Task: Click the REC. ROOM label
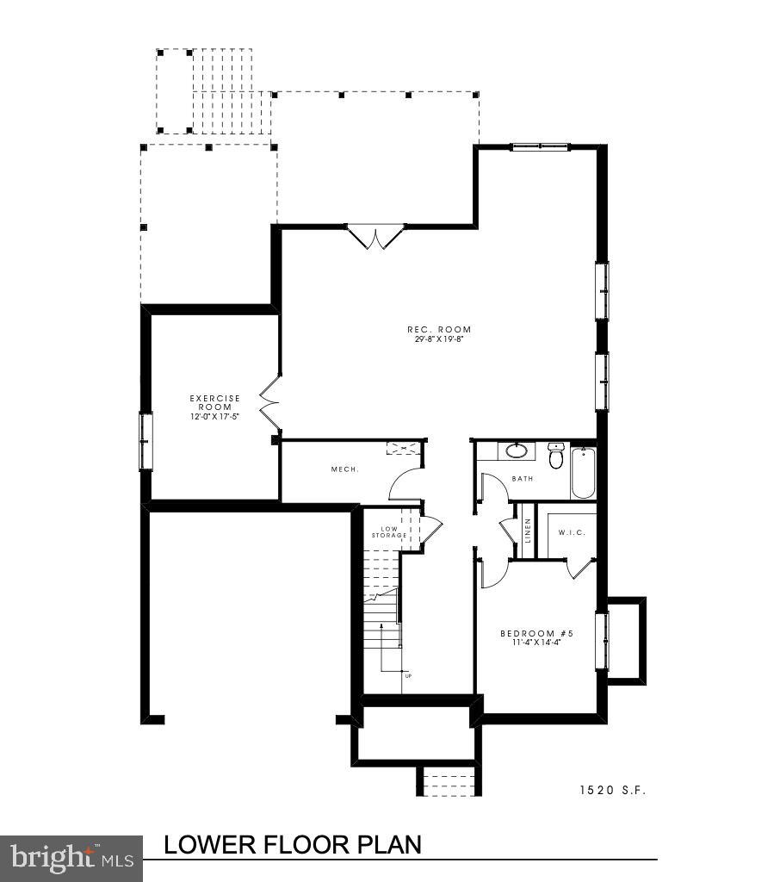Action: tap(439, 329)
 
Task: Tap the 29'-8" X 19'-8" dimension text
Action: tap(439, 339)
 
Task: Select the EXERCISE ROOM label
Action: tap(214, 402)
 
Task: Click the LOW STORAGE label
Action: tap(388, 532)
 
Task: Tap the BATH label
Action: tap(523, 478)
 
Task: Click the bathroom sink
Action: tap(517, 450)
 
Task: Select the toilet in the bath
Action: tap(555, 456)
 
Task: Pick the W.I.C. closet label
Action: tap(572, 532)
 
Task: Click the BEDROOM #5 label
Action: tap(536, 634)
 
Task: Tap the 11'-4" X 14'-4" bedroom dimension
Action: tap(536, 643)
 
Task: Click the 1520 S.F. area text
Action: tap(611, 789)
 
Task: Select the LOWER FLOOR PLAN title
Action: tap(293, 845)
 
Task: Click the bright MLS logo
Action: tap(71, 858)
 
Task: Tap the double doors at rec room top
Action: tap(375, 237)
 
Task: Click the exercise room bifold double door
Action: tap(270, 402)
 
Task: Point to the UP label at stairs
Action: tap(408, 675)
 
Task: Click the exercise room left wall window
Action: tap(146, 441)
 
